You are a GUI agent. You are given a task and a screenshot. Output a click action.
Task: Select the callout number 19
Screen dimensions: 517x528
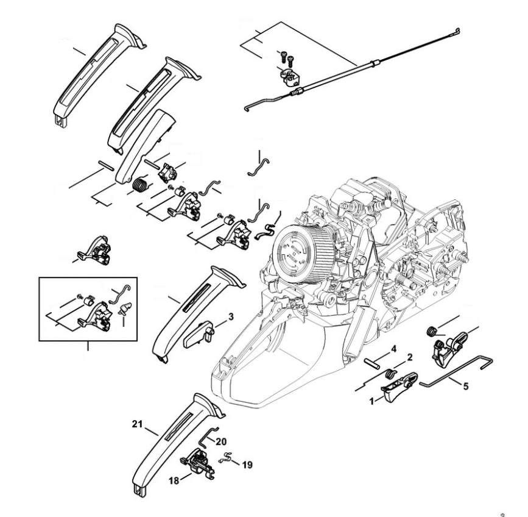coord(247,465)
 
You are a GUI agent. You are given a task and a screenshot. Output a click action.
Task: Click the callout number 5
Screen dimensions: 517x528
coord(466,385)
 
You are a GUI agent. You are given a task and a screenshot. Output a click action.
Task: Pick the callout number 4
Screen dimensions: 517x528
coord(394,349)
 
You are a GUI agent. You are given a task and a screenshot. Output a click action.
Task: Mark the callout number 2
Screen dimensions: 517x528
coord(410,357)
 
